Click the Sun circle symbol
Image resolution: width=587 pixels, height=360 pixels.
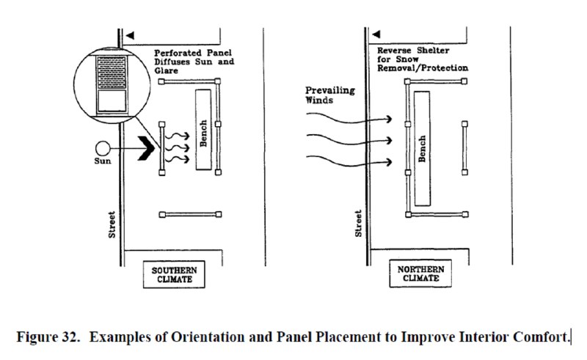tap(103, 149)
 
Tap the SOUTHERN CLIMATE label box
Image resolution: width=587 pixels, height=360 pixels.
tap(174, 274)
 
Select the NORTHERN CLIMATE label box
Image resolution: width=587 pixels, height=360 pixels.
tap(420, 273)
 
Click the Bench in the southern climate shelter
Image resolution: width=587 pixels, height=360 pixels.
tap(203, 130)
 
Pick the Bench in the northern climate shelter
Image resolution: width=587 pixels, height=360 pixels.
tap(422, 149)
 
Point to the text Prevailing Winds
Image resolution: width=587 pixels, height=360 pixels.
tap(329, 95)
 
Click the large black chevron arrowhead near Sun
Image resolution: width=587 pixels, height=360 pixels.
tap(146, 149)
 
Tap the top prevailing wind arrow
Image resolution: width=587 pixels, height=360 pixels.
tap(349, 119)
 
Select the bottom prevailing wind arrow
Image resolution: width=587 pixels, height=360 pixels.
tap(349, 161)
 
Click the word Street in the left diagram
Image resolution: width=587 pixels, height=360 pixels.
tap(112, 224)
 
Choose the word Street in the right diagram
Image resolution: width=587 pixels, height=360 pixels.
tap(358, 224)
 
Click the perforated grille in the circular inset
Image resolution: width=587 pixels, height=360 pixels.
tap(112, 73)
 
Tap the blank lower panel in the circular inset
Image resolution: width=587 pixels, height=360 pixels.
tap(112, 101)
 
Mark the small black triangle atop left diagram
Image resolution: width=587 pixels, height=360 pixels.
tap(130, 35)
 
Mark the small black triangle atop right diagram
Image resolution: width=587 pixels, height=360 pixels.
tap(376, 34)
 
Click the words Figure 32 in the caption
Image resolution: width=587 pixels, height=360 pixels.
tap(48, 337)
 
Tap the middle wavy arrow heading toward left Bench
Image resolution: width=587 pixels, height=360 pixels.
tap(177, 147)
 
